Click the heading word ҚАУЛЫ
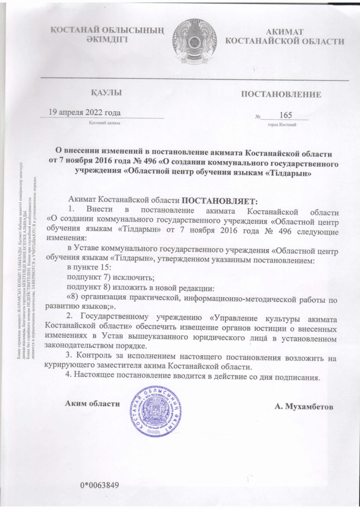[x=106, y=93]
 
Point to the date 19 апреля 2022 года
[x=84, y=112]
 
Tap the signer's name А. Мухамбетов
[x=304, y=406]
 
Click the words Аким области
[x=93, y=403]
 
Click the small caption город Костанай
[x=281, y=124]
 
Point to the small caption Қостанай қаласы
[x=104, y=122]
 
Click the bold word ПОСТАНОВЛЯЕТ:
[x=219, y=201]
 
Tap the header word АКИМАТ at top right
[x=285, y=31]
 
